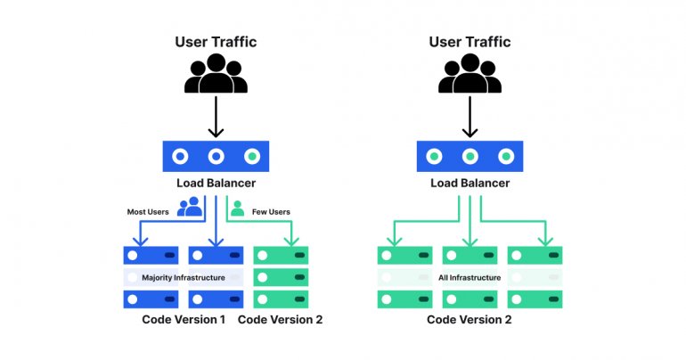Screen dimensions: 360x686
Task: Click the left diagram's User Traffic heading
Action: [x=216, y=42]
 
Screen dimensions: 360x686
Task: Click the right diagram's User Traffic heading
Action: [x=470, y=42]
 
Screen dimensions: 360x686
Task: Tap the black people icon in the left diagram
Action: [x=216, y=76]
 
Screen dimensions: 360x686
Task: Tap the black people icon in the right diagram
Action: [x=470, y=76]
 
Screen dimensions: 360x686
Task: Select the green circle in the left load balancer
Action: [x=252, y=156]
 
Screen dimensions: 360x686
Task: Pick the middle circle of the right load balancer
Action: [x=470, y=156]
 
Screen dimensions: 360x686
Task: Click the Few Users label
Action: [x=273, y=211]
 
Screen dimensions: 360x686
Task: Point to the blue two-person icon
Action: [x=190, y=208]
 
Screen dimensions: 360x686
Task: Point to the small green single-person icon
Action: [x=238, y=208]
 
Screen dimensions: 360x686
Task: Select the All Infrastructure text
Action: [x=470, y=277]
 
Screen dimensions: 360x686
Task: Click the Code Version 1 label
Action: [x=184, y=320]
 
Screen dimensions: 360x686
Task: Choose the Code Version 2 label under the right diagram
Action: [x=470, y=320]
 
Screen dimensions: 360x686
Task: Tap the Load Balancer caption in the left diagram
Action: [x=216, y=184]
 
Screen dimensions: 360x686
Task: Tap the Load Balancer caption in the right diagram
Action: [x=470, y=184]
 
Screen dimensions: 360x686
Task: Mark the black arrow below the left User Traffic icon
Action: [x=216, y=117]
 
